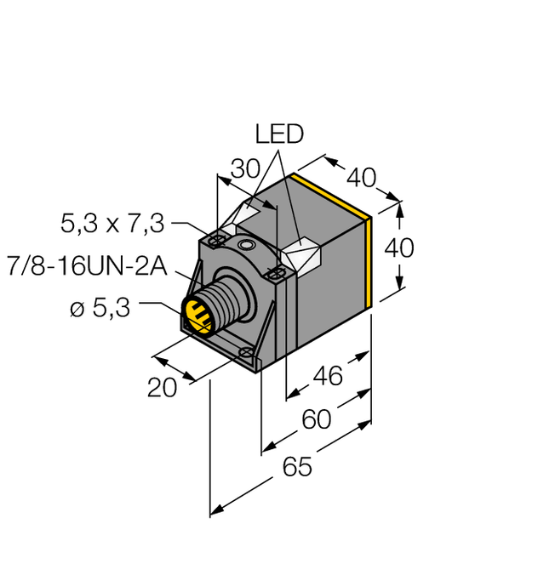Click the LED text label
[x=279, y=134]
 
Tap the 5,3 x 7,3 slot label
[x=112, y=225]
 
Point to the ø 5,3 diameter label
[x=99, y=309]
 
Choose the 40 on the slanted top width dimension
[x=361, y=177]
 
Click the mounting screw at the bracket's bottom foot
[x=247, y=352]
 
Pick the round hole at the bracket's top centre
[x=246, y=245]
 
